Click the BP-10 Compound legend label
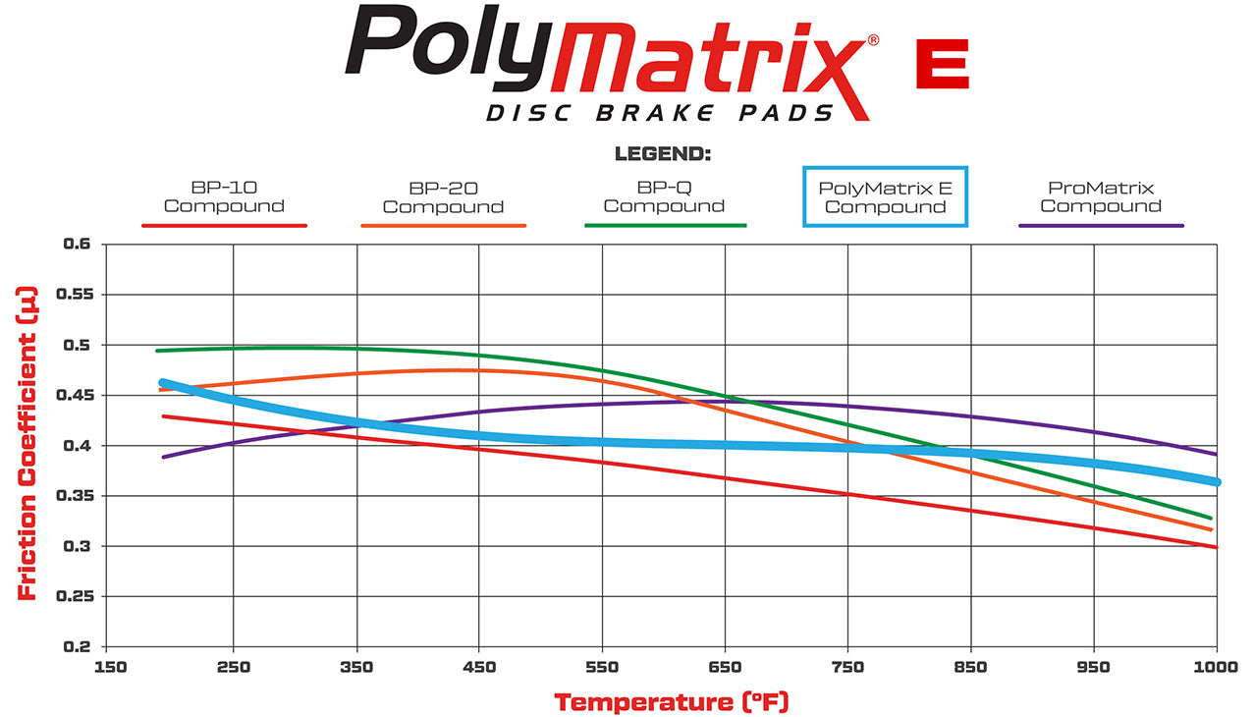[224, 196]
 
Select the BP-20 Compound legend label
[443, 196]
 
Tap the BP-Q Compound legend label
[664, 196]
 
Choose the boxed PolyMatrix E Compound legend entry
[885, 196]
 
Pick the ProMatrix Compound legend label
[1101, 196]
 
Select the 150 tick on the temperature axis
[110, 668]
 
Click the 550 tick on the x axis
[602, 668]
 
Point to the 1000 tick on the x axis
[1216, 668]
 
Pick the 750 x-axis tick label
[847, 668]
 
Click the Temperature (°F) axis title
[671, 702]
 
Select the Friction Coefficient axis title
[27, 444]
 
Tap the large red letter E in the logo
[942, 65]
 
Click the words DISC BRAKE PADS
[660, 113]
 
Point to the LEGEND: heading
[662, 154]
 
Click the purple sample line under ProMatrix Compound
[1101, 226]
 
